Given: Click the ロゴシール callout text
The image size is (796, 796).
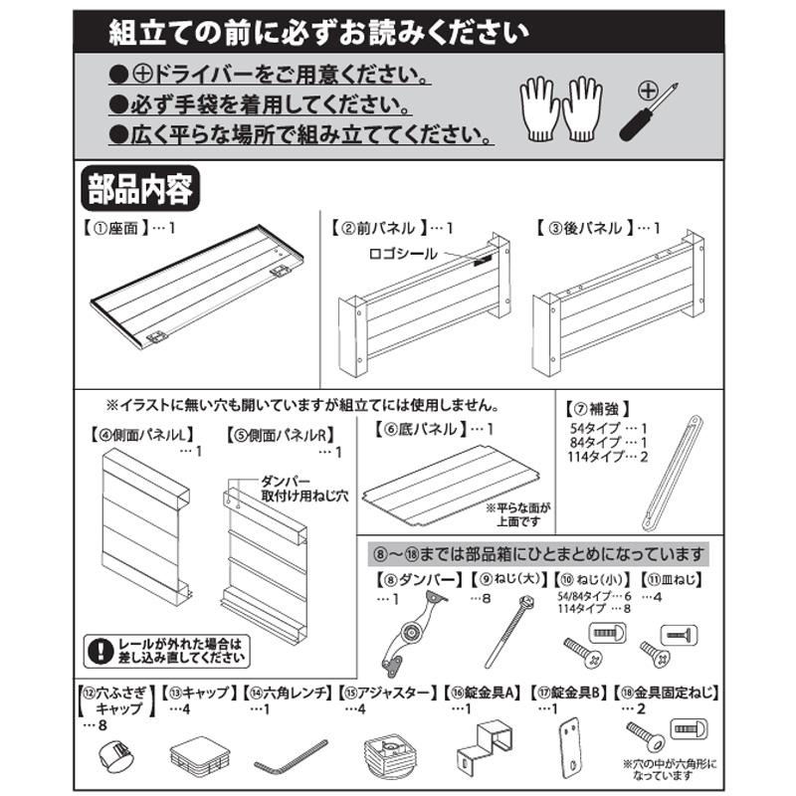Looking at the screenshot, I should [x=401, y=254].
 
